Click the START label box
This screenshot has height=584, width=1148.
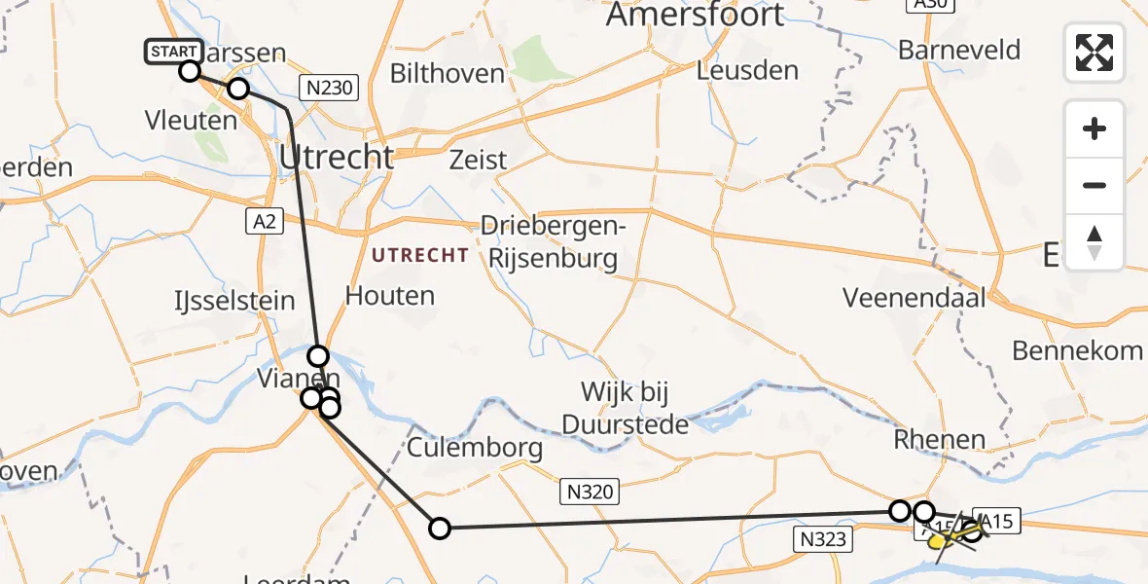[x=174, y=52]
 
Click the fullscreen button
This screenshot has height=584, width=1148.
[x=1094, y=53]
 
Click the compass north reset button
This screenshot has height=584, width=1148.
[x=1094, y=242]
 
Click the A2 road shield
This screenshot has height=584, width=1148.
[x=263, y=222]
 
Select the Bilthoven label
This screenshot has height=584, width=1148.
[x=448, y=73]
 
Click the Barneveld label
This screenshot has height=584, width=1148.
[x=959, y=50]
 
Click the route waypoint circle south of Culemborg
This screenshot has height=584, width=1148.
[x=440, y=529]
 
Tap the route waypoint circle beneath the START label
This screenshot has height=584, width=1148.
[x=190, y=71]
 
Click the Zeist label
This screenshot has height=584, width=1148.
[x=478, y=160]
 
